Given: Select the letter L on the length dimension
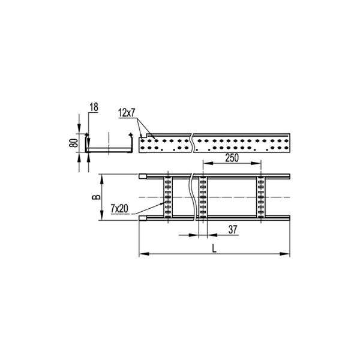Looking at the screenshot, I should point(215,248).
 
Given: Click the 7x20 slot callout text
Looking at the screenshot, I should point(119,208).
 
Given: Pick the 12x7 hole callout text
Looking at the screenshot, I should point(127,112).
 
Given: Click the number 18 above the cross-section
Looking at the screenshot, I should point(93,107).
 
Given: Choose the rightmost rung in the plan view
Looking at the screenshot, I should point(261,197).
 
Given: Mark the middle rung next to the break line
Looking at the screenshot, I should point(203,197).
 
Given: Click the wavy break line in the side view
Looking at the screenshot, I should point(191,143).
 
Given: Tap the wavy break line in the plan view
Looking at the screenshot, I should point(193,197).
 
